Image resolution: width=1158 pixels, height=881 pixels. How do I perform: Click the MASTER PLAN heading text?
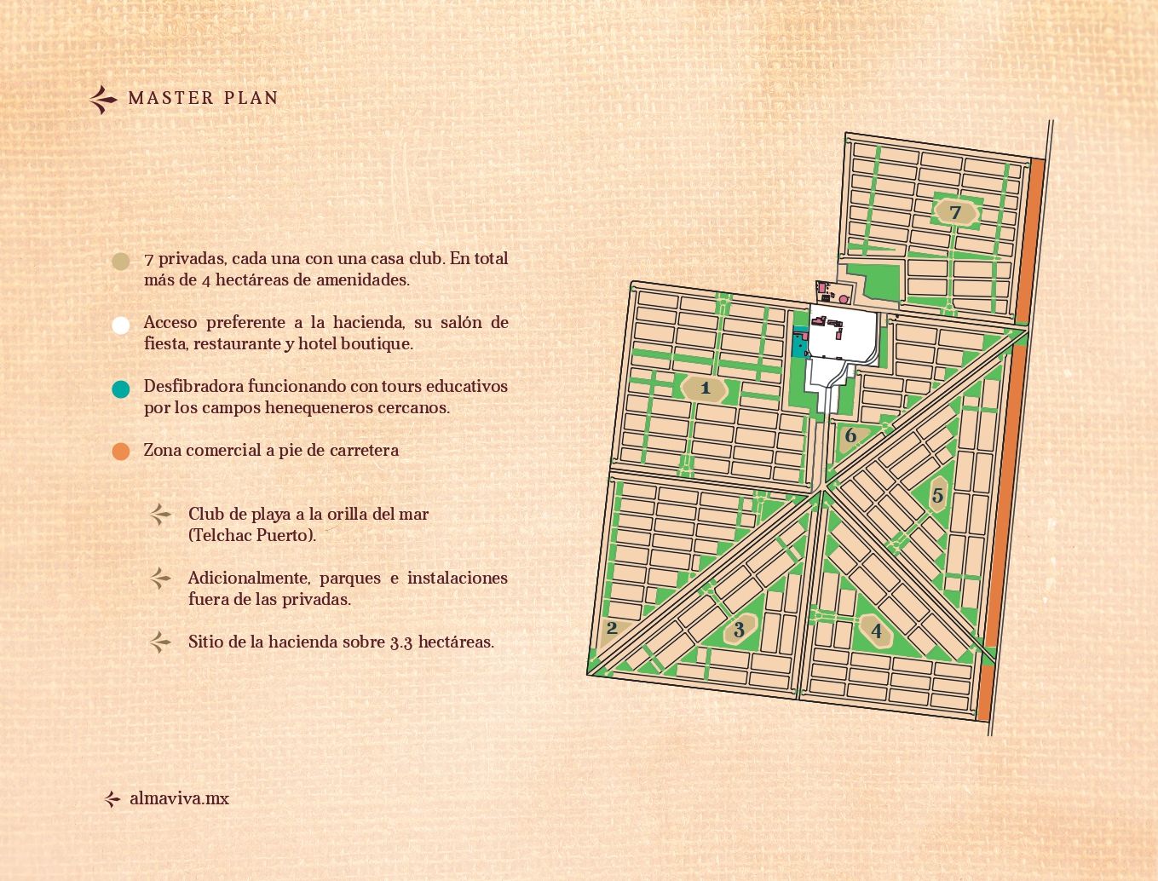[203, 98]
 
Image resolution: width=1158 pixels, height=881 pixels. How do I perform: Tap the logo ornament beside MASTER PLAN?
[103, 100]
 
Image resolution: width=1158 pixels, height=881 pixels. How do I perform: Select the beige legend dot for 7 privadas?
[121, 261]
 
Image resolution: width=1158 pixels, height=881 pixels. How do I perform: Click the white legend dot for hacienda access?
[121, 325]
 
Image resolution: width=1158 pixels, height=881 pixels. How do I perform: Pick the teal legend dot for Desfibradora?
[121, 389]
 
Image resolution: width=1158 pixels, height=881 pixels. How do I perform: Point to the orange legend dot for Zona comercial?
[121, 452]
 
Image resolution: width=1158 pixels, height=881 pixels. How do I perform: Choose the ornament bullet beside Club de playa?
[160, 515]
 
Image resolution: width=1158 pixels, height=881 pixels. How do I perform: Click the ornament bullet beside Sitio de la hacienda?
[160, 642]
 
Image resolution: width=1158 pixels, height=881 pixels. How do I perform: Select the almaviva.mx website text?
[179, 799]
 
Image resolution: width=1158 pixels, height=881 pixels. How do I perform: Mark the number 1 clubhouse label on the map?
[705, 389]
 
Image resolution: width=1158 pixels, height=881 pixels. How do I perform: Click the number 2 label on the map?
[612, 630]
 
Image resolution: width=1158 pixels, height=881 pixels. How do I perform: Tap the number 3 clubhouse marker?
[739, 630]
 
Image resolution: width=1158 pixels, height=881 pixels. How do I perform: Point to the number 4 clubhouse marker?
[876, 631]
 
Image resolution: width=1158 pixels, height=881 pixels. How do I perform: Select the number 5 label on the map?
[937, 495]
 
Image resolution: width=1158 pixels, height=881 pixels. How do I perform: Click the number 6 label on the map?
[850, 436]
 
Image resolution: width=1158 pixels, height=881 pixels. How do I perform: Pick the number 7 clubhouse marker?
[955, 212]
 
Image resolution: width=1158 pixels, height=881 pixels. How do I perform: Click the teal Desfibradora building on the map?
[799, 343]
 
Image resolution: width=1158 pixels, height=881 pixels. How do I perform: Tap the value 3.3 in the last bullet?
[400, 642]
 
